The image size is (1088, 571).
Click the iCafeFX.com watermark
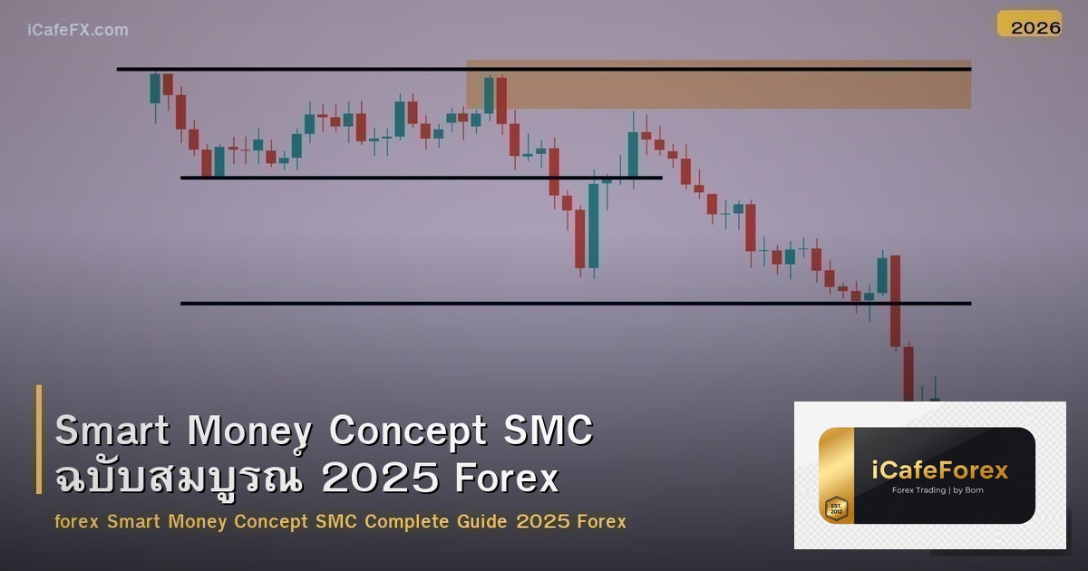[x=77, y=30]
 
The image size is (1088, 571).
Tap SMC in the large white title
[x=548, y=431]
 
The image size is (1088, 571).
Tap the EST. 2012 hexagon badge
[x=835, y=508]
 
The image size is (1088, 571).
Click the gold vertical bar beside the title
[x=39, y=440]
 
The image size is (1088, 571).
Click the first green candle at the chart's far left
[x=155, y=89]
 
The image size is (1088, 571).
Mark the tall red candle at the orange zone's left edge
[x=501, y=100]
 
